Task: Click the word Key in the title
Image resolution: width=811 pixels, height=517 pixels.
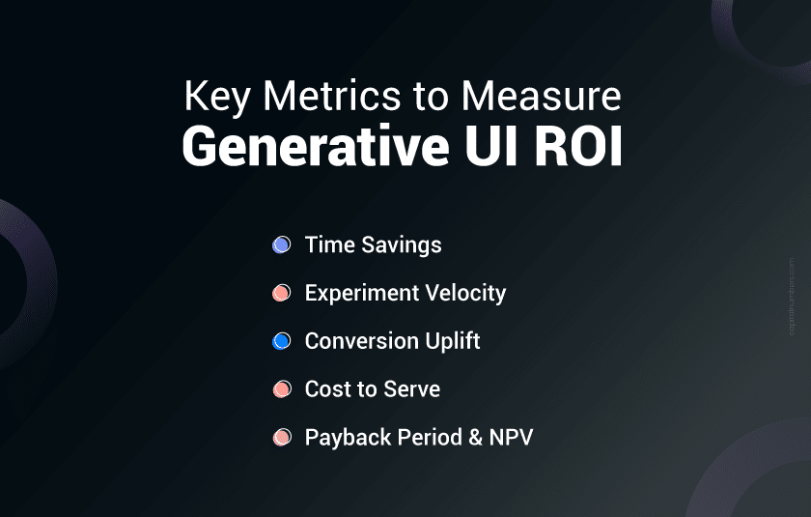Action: (217, 98)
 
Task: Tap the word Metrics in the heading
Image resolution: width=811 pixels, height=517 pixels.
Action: (331, 96)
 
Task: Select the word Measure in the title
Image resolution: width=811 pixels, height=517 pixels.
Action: (541, 96)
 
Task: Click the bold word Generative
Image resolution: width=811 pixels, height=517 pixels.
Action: (316, 147)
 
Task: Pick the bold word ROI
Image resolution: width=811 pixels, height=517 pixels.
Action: (577, 146)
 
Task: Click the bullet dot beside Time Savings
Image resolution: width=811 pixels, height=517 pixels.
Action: (281, 244)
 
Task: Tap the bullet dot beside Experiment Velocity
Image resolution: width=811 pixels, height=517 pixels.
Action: (281, 293)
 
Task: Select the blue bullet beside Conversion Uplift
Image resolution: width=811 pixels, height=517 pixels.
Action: (281, 341)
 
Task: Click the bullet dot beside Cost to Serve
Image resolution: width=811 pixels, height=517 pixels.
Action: (282, 389)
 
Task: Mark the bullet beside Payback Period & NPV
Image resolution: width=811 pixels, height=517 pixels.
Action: (282, 438)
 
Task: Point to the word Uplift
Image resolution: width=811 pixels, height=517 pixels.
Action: (453, 341)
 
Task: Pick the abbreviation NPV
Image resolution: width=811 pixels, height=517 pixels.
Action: (511, 438)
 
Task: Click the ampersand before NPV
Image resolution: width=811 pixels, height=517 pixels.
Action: (475, 438)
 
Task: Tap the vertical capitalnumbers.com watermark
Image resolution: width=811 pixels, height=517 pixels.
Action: (792, 297)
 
